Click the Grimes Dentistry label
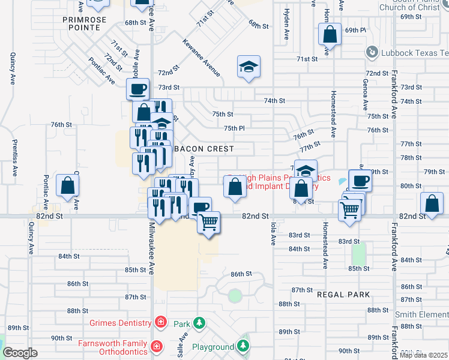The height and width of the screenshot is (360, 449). pos(120,323)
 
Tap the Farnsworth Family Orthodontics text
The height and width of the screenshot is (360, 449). pos(112,347)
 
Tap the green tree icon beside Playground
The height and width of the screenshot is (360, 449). pos(243,346)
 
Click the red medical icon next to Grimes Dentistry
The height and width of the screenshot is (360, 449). pos(160,323)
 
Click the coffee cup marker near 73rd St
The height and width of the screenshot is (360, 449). pos(137,89)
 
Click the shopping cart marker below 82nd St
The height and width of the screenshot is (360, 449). pos(208,223)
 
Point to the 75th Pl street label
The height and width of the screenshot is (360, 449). pos(235,128)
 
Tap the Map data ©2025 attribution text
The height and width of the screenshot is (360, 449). pos(424,355)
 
